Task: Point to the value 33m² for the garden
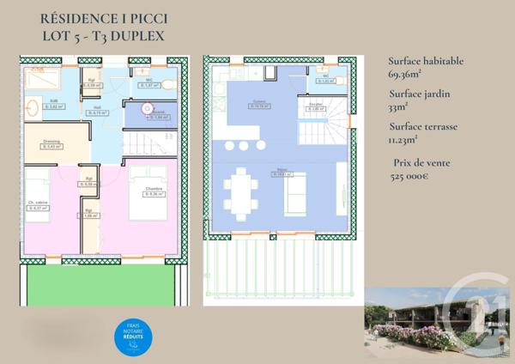pos(397,107)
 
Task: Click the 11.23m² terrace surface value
pos(403,139)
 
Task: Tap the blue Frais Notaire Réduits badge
pos(134,337)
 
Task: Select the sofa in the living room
pos(295,193)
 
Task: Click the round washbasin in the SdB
pos(33,108)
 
